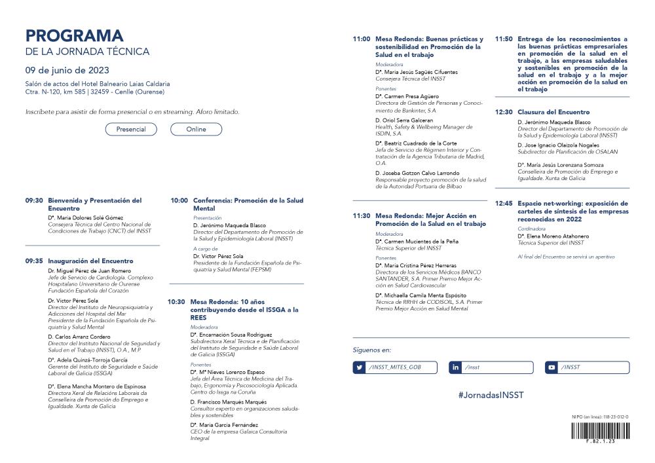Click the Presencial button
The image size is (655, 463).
(131, 129)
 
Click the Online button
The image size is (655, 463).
(196, 129)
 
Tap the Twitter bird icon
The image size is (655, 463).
(360, 367)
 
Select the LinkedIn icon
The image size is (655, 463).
(456, 367)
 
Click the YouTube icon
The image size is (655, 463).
(552, 367)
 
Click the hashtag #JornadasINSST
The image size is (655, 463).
(491, 396)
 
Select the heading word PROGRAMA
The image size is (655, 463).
(74, 35)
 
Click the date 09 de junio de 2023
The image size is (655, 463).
(67, 70)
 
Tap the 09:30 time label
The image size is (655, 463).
(34, 200)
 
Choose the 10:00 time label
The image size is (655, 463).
(179, 200)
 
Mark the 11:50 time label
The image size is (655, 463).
(504, 39)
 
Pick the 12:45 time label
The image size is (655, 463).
(504, 203)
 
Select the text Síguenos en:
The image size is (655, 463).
(371, 350)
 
